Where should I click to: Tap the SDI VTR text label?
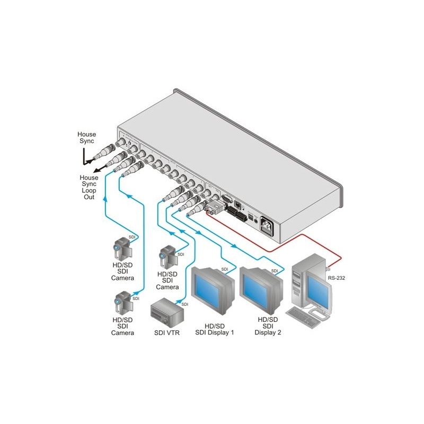[166, 333]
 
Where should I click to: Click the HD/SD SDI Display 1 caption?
[215, 329]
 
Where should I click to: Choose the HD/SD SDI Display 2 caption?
[267, 326]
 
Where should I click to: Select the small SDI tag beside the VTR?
[185, 305]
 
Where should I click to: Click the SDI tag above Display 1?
[225, 270]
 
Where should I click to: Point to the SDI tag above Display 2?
[275, 271]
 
